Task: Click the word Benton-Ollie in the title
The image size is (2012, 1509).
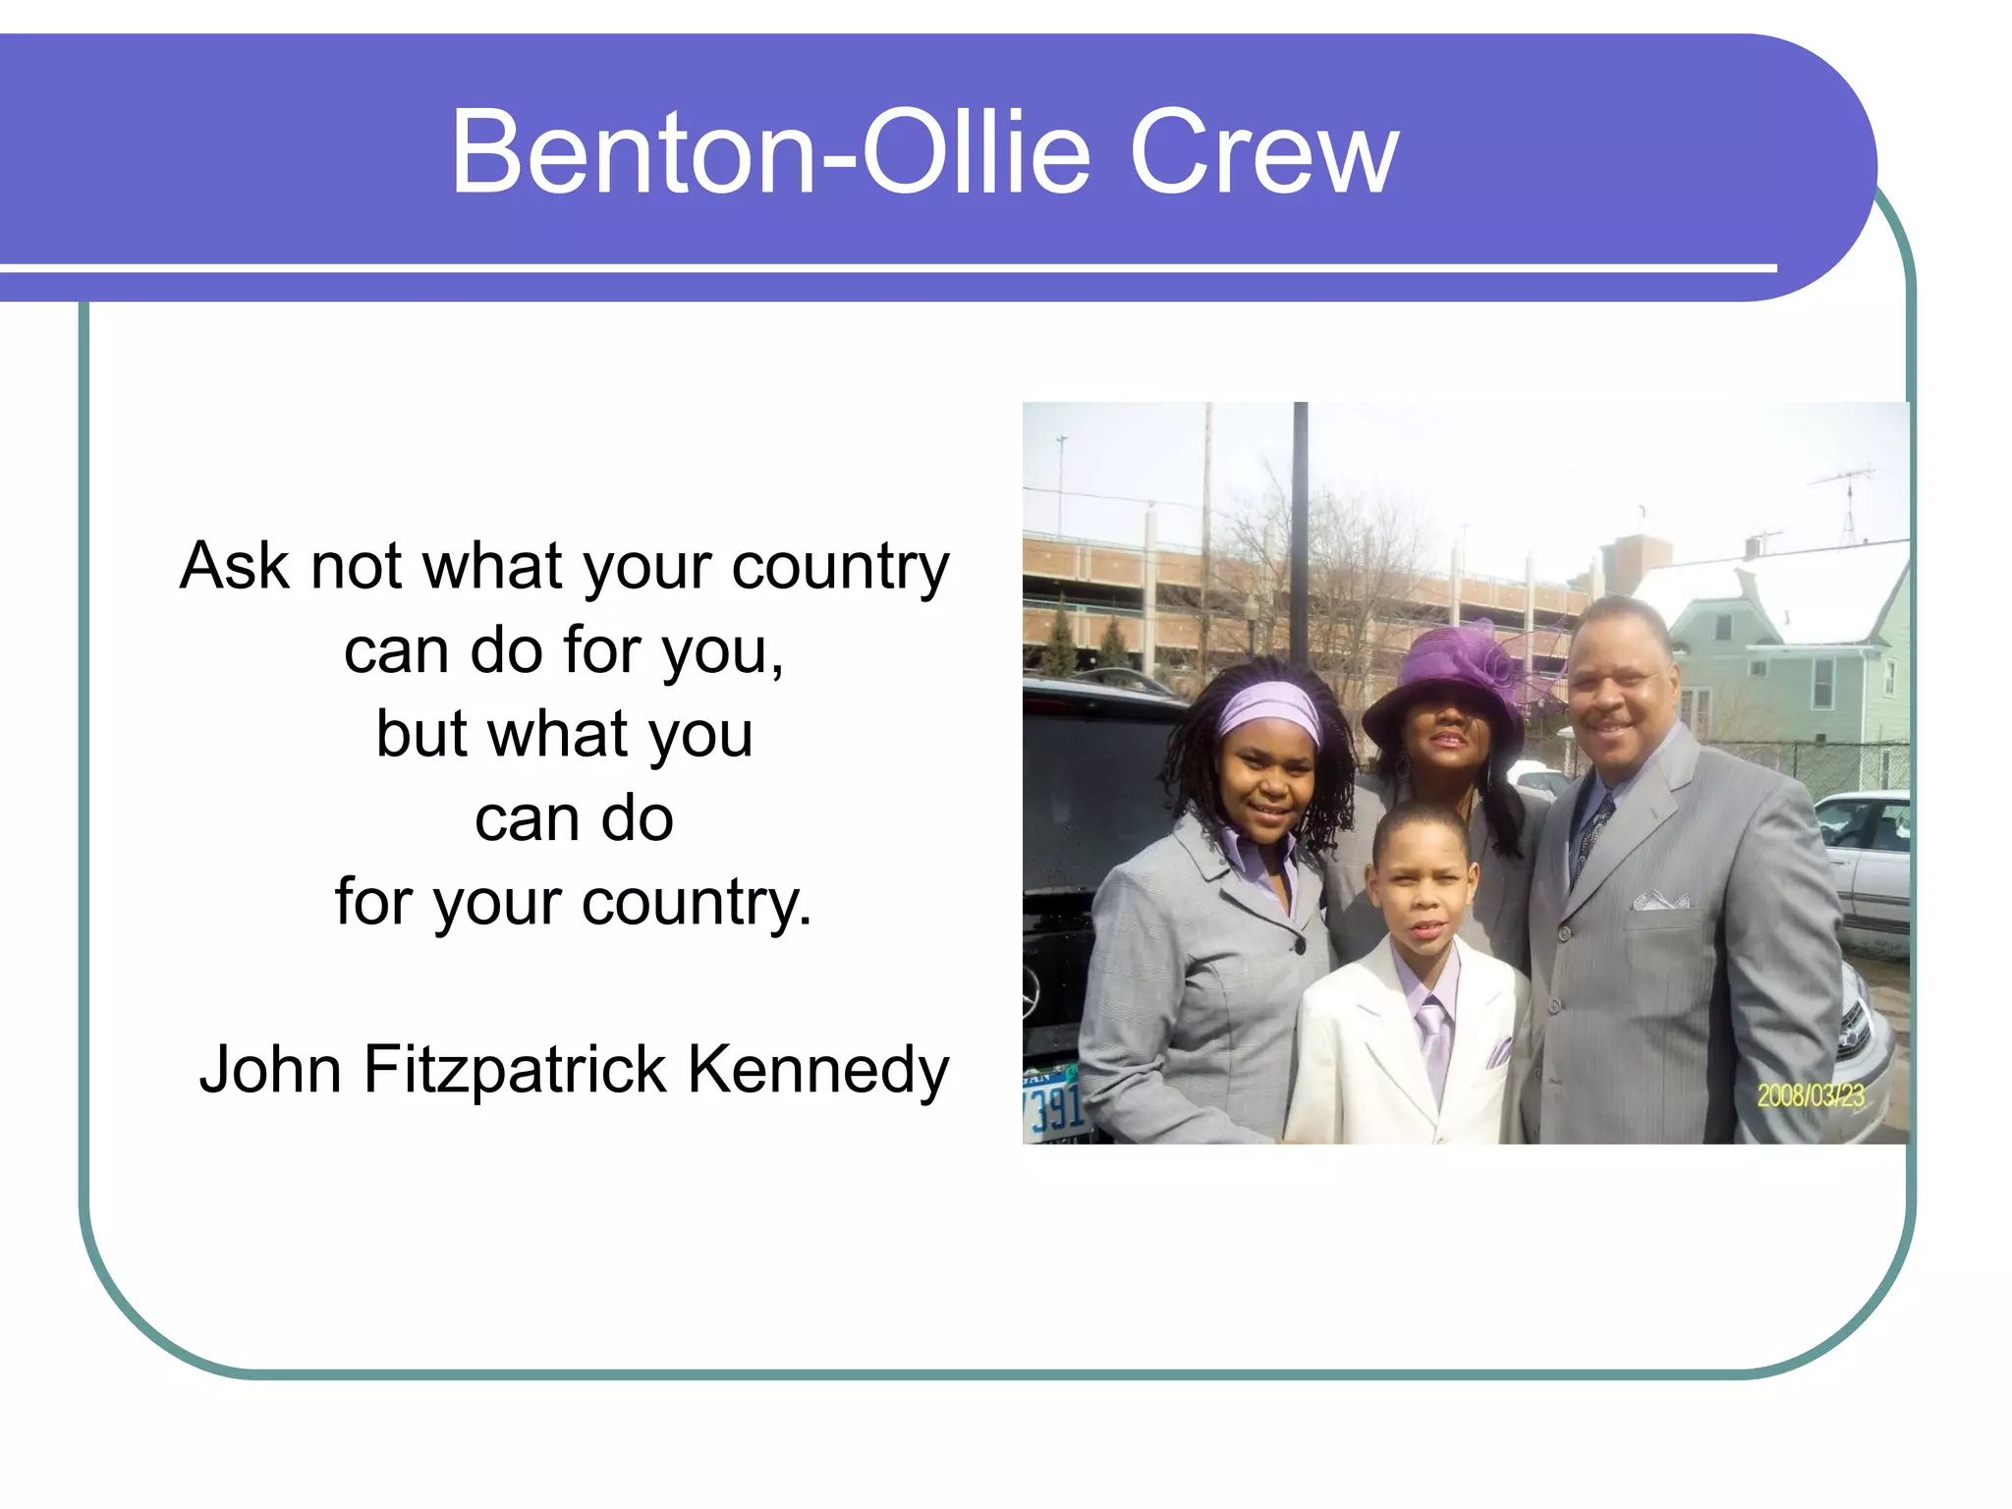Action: (x=770, y=153)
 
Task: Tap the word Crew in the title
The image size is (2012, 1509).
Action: (x=1264, y=153)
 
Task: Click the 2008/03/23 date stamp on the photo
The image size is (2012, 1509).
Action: (x=1810, y=1095)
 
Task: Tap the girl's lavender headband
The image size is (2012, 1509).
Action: (x=1269, y=709)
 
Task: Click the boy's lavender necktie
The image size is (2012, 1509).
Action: (x=1433, y=1041)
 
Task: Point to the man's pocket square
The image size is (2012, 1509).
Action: (x=1659, y=899)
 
